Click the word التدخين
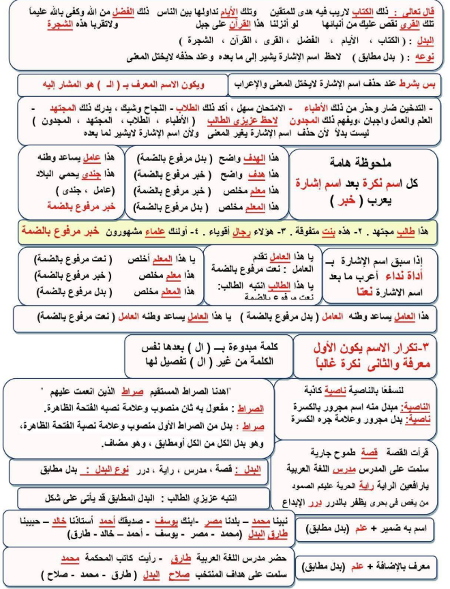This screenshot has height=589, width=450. tap(416, 109)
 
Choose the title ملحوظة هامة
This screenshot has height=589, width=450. tap(362, 161)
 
